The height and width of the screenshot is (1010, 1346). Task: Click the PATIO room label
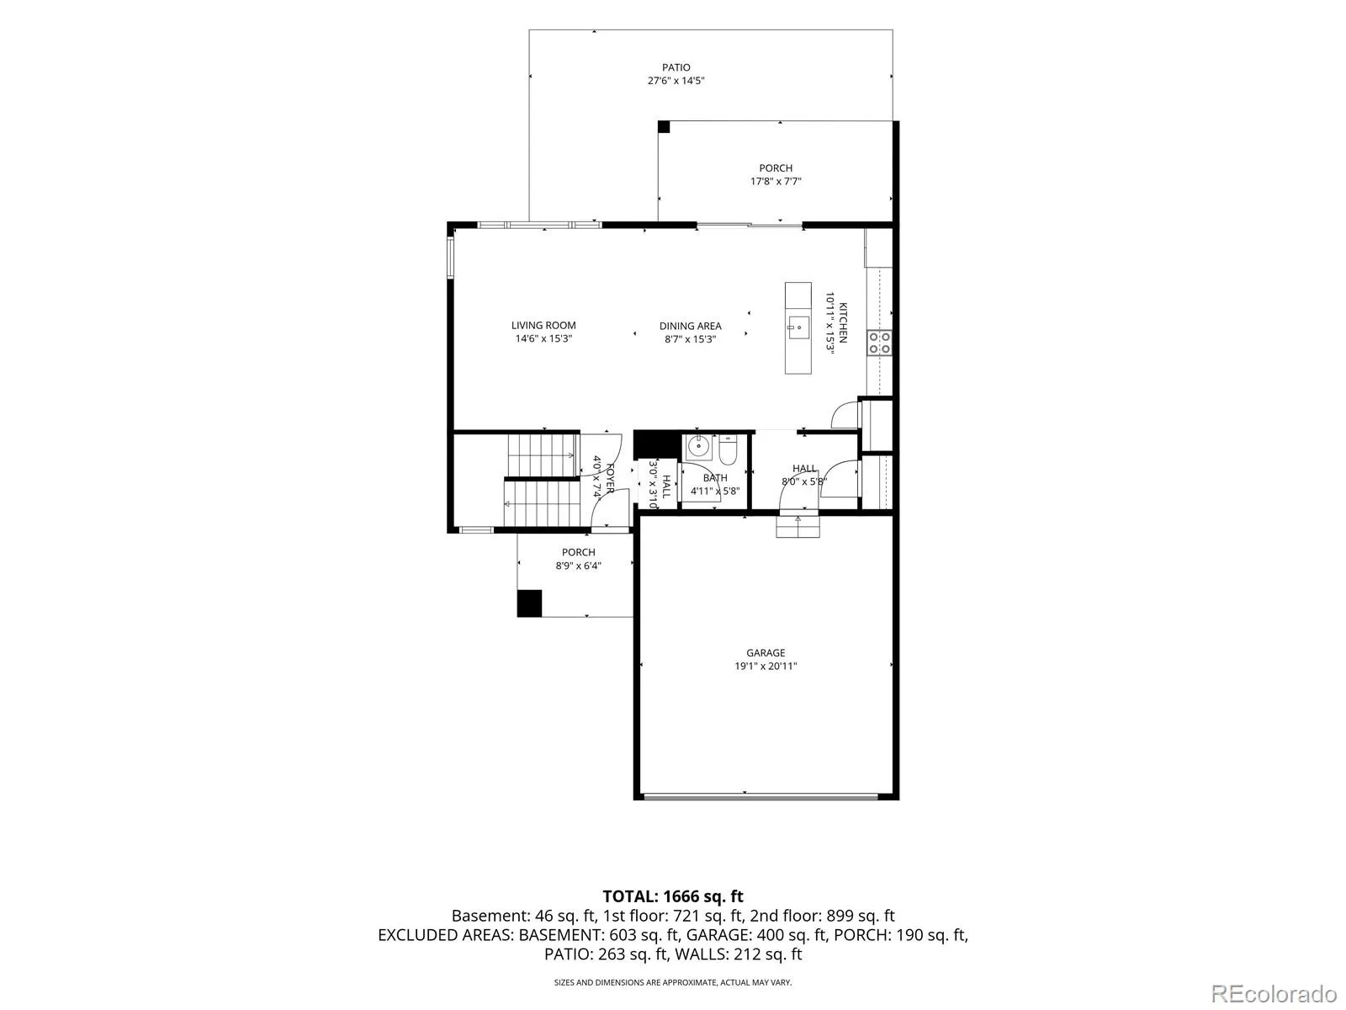coord(676,67)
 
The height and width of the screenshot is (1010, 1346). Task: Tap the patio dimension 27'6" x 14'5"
coord(676,80)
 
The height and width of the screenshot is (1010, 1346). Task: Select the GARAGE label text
coord(766,653)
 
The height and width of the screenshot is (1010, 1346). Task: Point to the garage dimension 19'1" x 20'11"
coord(766,666)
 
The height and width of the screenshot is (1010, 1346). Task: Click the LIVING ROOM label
coord(543,326)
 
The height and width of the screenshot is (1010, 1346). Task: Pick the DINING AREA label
coord(690,327)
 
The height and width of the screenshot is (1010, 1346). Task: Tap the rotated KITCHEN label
coord(844,322)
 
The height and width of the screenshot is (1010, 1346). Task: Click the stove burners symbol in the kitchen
coord(879,343)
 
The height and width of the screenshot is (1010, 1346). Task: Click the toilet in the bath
coord(729,450)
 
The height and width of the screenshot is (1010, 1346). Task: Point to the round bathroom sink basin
coord(697,447)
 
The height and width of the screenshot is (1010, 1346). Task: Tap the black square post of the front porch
coord(529,603)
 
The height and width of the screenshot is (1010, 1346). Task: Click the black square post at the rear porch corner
coord(664,127)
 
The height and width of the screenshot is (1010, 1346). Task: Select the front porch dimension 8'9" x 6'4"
coord(578,566)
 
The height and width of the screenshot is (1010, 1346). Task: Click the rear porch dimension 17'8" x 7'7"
coord(776,182)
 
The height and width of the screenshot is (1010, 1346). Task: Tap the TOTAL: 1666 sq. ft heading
coord(673,896)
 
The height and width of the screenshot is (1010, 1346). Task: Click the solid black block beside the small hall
coord(657,445)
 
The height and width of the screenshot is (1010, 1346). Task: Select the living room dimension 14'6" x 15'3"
coord(543,338)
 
